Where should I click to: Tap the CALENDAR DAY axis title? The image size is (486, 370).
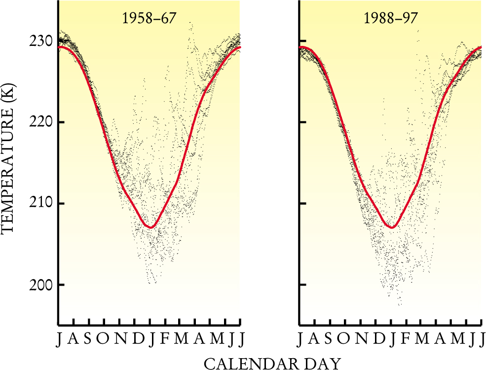(272, 364)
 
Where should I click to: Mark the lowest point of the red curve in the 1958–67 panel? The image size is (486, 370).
(152, 227)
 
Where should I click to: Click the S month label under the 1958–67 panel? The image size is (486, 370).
(88, 339)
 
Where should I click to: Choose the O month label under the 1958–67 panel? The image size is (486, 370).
(103, 339)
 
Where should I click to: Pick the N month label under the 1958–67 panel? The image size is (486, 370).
(119, 339)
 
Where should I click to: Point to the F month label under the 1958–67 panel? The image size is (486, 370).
(164, 339)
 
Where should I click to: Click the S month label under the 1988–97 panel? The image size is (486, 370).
(329, 339)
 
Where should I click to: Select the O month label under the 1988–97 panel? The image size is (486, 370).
(344, 339)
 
